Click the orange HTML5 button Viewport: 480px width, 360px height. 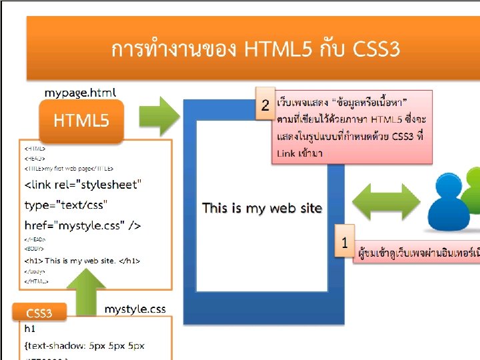[81, 121]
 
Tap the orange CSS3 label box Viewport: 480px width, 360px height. [39, 312]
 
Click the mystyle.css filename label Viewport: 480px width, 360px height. [135, 309]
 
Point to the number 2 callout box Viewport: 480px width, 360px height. [265, 105]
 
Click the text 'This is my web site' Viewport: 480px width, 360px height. [262, 208]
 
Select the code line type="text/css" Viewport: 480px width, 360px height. [65, 204]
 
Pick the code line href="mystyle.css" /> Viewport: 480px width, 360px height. [83, 225]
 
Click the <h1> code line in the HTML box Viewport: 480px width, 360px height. [80, 260]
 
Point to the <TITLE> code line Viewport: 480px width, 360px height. [69, 169]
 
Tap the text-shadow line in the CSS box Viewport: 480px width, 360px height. [84, 346]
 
